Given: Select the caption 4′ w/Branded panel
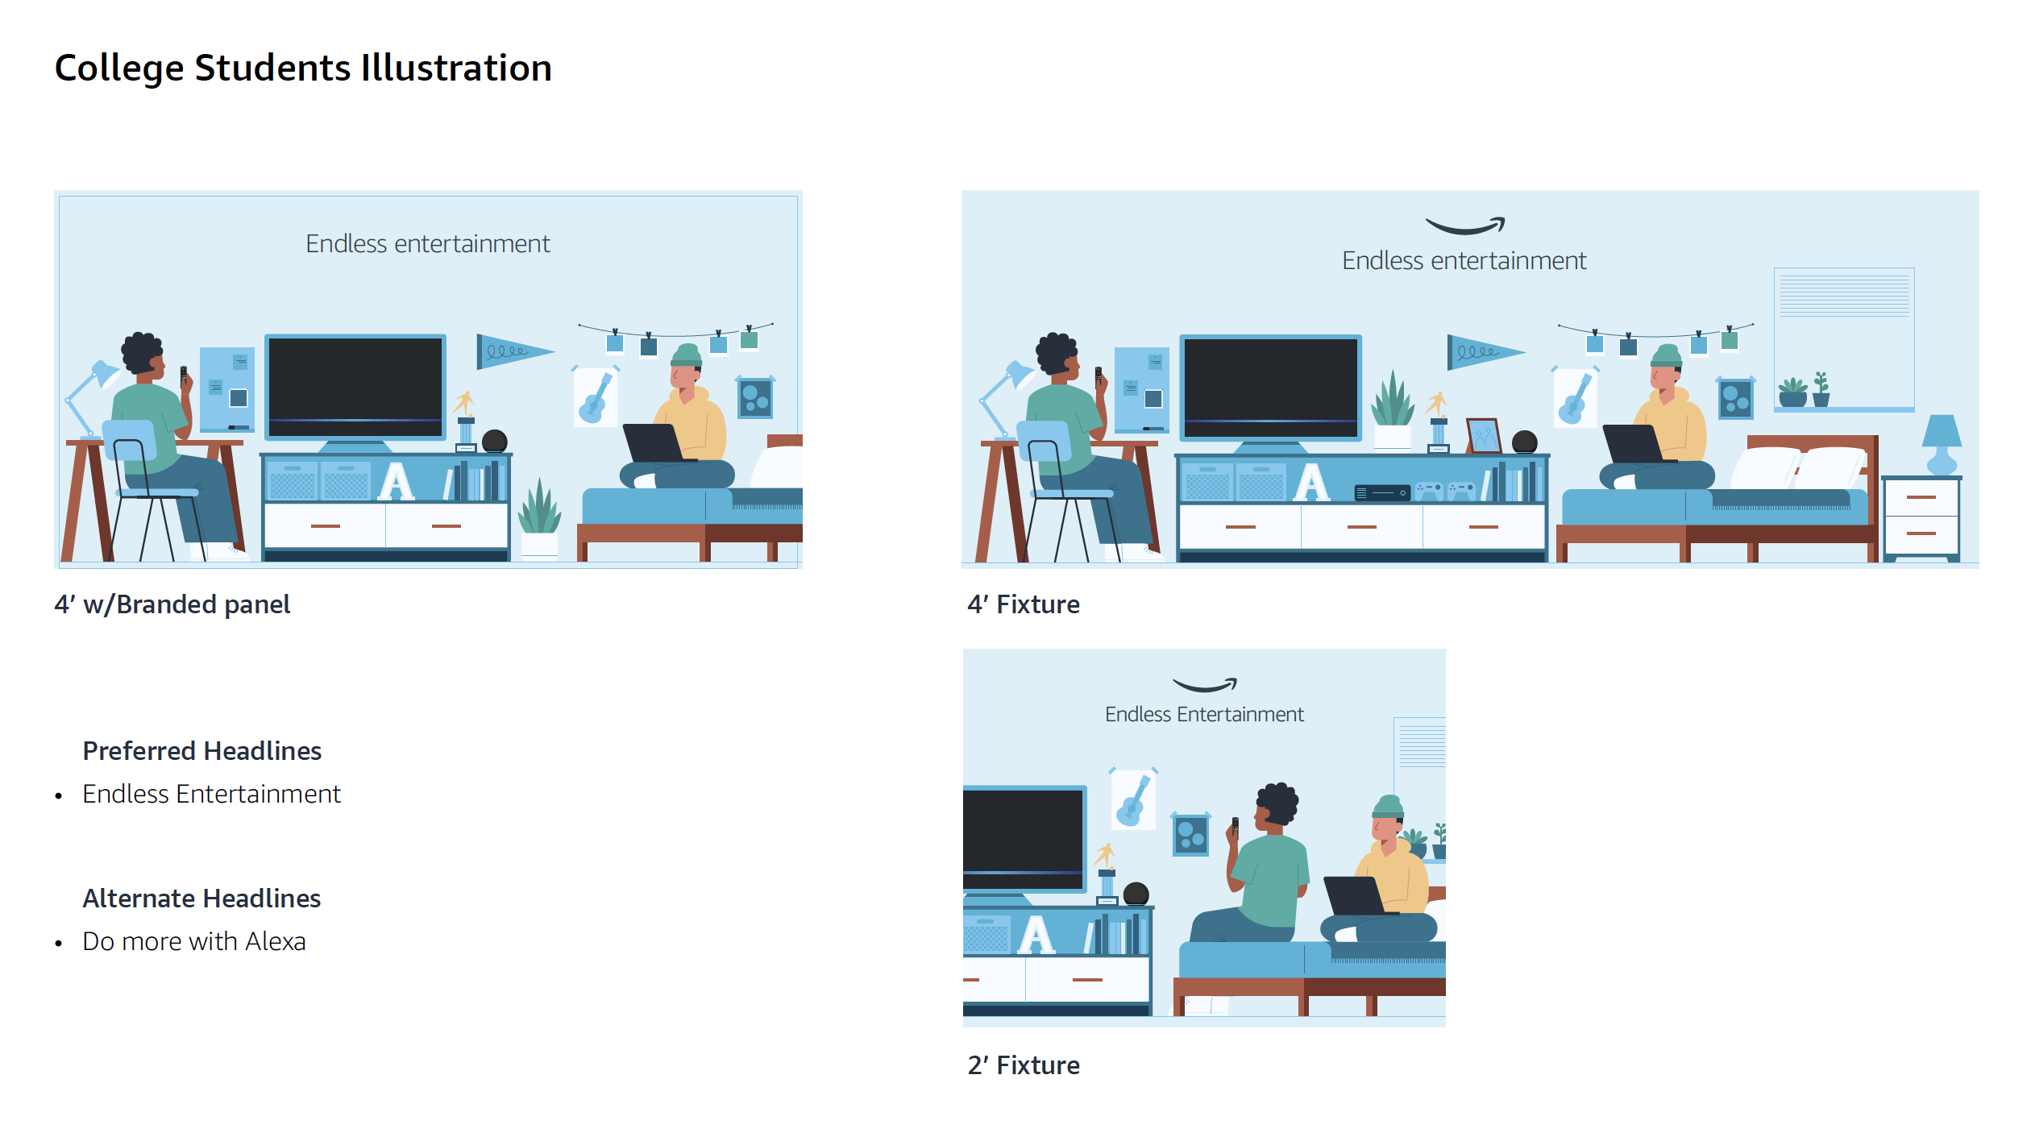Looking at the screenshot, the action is coord(172,604).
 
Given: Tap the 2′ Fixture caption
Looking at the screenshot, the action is coord(1024,1065).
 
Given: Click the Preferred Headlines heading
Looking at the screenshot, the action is coord(202,751).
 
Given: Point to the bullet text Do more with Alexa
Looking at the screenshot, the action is coord(194,941).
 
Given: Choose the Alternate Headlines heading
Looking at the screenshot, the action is coord(201,899).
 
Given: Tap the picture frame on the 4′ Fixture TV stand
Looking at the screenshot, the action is coord(1483,436).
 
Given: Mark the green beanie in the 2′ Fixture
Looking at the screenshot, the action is coord(1388,807).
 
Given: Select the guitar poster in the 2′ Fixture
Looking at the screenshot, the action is coord(1133,799).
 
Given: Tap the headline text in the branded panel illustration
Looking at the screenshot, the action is coord(428,244).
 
